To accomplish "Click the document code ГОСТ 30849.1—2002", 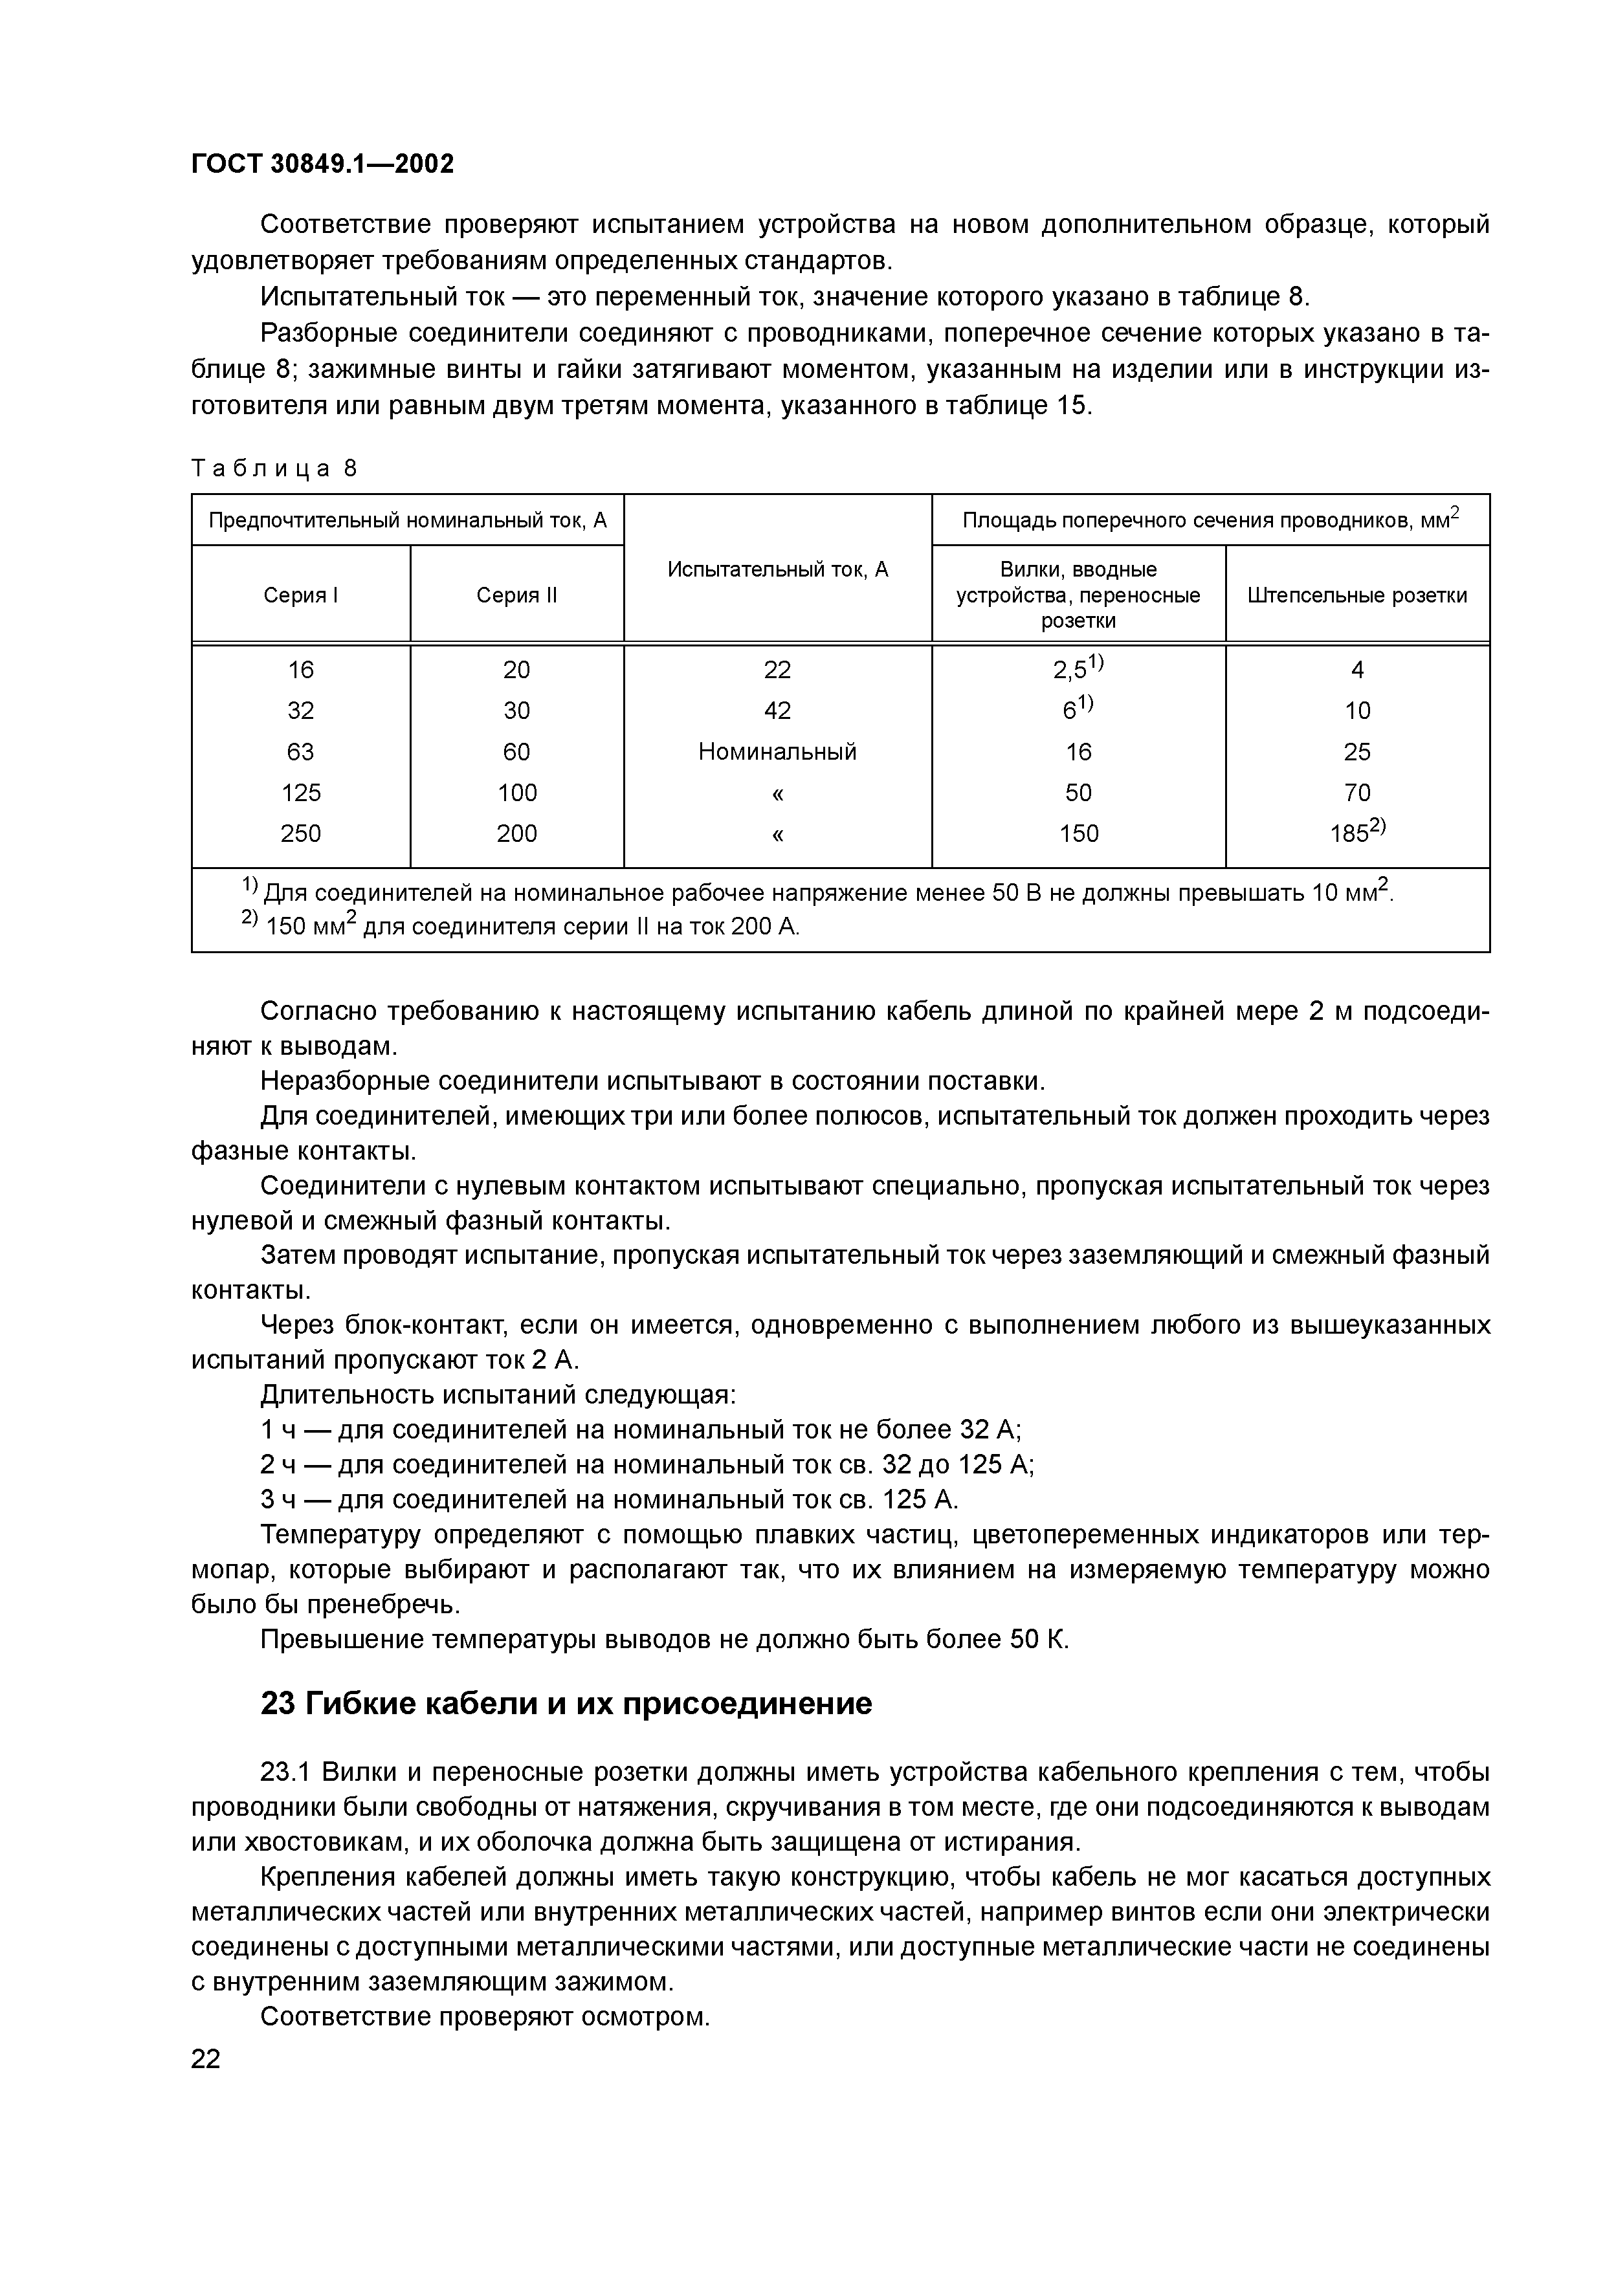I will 322,164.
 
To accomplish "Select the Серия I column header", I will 301,595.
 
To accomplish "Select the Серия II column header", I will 516,595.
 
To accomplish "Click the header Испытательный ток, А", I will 777,569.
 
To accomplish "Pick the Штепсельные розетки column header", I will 1356,595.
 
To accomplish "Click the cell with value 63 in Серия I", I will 301,751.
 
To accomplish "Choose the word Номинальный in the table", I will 777,751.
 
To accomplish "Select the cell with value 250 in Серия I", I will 301,833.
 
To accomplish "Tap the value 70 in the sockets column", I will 1356,793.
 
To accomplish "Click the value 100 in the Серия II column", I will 516,793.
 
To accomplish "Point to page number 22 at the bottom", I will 206,2060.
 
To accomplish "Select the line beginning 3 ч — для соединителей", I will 609,1500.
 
